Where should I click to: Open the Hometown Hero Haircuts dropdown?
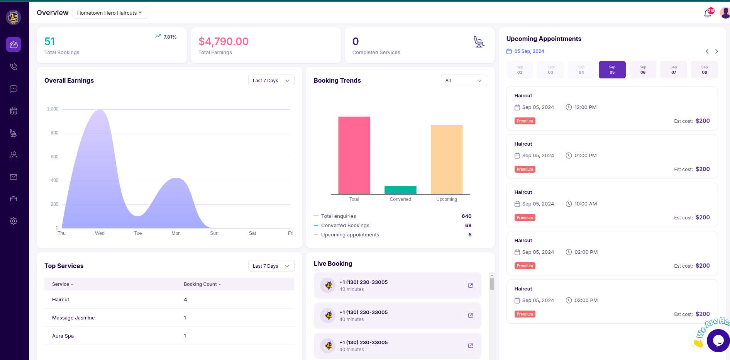(110, 13)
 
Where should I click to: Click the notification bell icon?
(707, 14)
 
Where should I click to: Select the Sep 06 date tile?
(643, 70)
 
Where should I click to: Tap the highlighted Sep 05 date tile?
(612, 70)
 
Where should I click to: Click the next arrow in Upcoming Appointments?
(716, 51)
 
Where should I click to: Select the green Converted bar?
(400, 190)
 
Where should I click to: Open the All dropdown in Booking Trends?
(464, 80)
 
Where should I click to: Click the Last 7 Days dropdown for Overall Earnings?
(271, 80)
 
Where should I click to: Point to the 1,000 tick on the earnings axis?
(53, 109)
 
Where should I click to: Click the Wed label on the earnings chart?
(100, 233)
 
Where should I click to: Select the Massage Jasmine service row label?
(73, 318)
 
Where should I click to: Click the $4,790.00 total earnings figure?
(224, 41)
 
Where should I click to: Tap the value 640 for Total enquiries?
(466, 216)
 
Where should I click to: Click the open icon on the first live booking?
(470, 285)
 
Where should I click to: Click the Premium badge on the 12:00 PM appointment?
(525, 121)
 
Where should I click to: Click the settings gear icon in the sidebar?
(14, 221)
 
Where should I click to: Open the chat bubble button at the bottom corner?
(718, 340)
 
